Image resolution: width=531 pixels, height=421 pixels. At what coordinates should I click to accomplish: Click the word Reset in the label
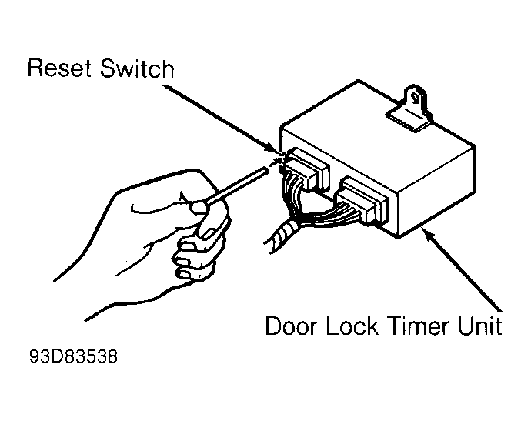pyautogui.click(x=59, y=68)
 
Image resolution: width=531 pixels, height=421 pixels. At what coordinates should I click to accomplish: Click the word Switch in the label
pyautogui.click(x=137, y=68)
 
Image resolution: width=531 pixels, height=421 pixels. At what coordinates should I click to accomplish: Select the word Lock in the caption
pyautogui.click(x=352, y=326)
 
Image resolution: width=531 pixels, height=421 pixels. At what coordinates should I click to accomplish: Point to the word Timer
pyautogui.click(x=418, y=326)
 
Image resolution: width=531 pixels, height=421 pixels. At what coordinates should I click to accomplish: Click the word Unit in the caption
pyautogui.click(x=480, y=326)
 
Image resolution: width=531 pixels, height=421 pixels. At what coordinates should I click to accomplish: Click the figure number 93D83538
pyautogui.click(x=73, y=356)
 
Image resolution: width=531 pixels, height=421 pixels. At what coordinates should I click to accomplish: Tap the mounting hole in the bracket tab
pyautogui.click(x=415, y=99)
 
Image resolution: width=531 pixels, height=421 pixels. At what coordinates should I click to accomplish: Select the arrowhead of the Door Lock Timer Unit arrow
pyautogui.click(x=427, y=233)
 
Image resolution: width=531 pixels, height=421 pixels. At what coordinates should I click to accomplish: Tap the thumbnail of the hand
pyautogui.click(x=199, y=207)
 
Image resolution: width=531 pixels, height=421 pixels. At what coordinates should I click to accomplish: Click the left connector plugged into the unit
pyautogui.click(x=306, y=169)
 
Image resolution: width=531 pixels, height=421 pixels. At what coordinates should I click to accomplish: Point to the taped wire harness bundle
pyautogui.click(x=282, y=236)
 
